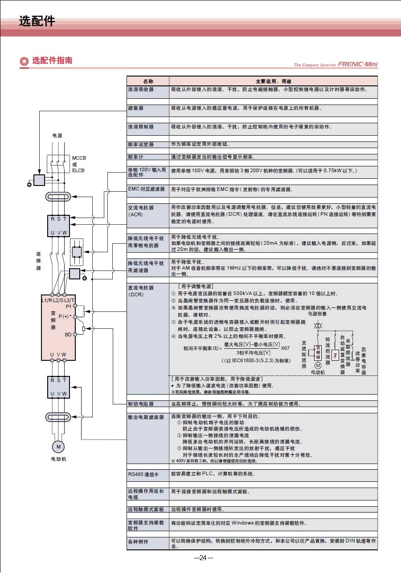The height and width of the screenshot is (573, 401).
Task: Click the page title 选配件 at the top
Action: tap(37, 21)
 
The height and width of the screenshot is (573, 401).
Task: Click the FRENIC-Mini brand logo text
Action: tap(357, 65)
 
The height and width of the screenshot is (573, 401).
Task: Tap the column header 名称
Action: tap(148, 81)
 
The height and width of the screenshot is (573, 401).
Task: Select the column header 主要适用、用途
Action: tap(273, 81)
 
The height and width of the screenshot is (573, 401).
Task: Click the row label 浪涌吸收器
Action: tap(141, 89)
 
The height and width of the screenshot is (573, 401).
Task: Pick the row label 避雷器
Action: tap(135, 108)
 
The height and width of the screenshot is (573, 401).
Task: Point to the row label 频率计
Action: tap(135, 157)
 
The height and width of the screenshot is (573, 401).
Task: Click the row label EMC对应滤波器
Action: tap(146, 189)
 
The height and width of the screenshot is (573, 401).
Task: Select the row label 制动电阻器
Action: tap(141, 404)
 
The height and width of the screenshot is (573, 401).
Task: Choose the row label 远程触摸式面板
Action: tap(146, 509)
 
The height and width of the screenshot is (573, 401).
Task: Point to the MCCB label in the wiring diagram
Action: tap(79, 158)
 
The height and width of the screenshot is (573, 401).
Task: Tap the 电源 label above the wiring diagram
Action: tap(57, 135)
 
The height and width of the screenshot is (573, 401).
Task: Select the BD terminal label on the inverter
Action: tap(68, 335)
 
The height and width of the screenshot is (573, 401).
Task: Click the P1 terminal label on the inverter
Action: tap(68, 307)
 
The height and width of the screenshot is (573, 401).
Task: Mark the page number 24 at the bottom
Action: tap(203, 558)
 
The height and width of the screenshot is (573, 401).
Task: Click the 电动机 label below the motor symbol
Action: tap(58, 459)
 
